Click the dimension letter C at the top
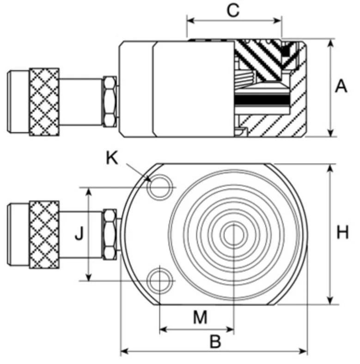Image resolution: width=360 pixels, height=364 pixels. coord(233,10)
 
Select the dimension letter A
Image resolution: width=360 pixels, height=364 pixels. coord(341,86)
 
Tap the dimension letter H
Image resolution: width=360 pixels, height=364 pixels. coord(342,233)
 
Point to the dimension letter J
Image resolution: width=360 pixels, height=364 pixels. coord(79,234)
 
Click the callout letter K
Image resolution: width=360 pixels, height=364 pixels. coord(112,158)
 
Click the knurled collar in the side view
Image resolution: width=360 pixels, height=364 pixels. coord(44,102)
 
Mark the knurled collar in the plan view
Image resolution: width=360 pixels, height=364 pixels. coord(44,234)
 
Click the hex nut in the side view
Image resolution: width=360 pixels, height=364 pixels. coord(110,102)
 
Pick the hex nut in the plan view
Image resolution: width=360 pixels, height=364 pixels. coord(110,234)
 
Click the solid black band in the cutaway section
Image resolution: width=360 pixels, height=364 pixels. coord(261,100)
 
